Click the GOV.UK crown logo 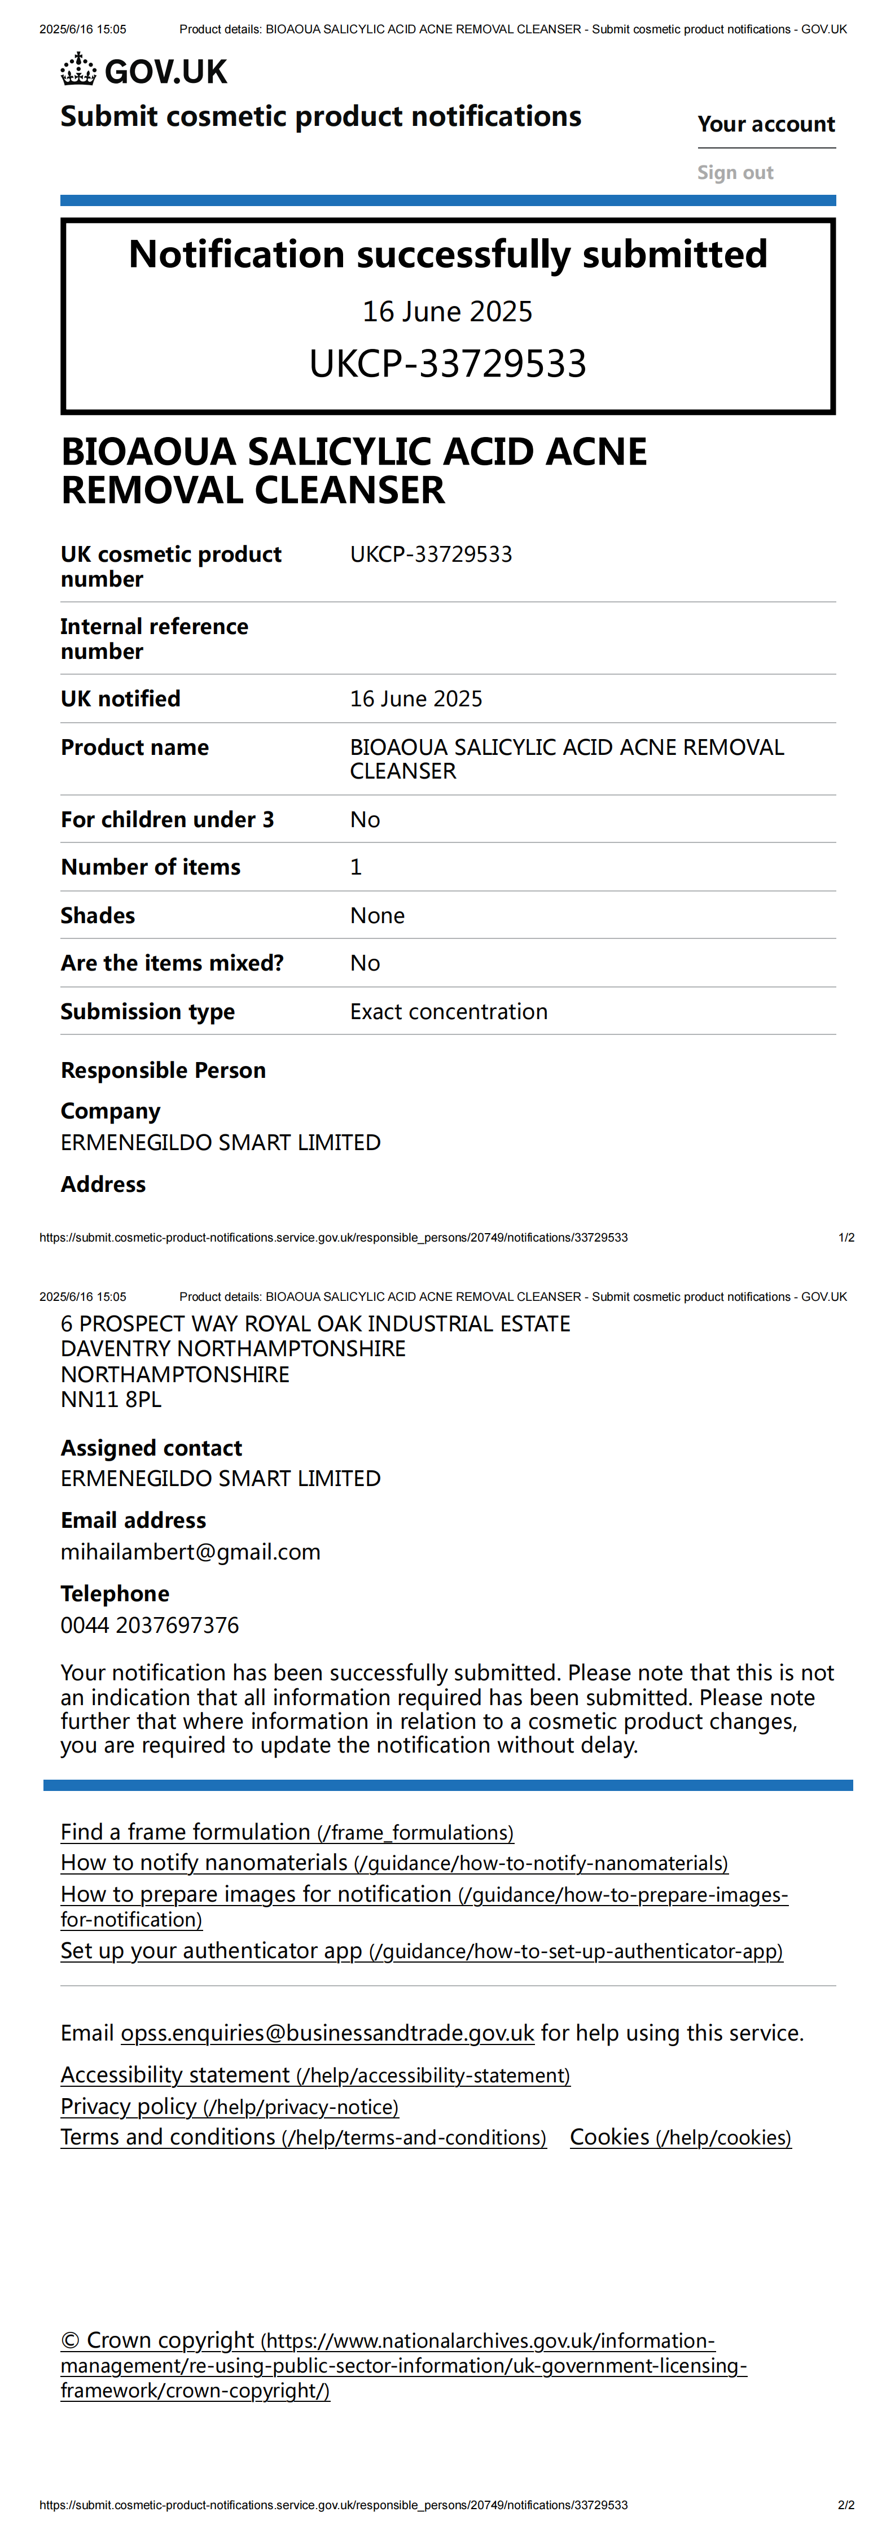[78, 71]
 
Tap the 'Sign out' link [735, 173]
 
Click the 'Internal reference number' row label [155, 639]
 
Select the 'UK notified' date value [416, 698]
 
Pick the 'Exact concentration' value [449, 1011]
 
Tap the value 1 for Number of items [356, 867]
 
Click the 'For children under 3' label [167, 819]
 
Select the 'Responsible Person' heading [163, 1071]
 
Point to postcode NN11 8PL [111, 1399]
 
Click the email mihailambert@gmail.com [190, 1552]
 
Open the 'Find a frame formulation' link [286, 1832]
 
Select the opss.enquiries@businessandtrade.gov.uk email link [327, 2032]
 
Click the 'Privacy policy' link [229, 2106]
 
